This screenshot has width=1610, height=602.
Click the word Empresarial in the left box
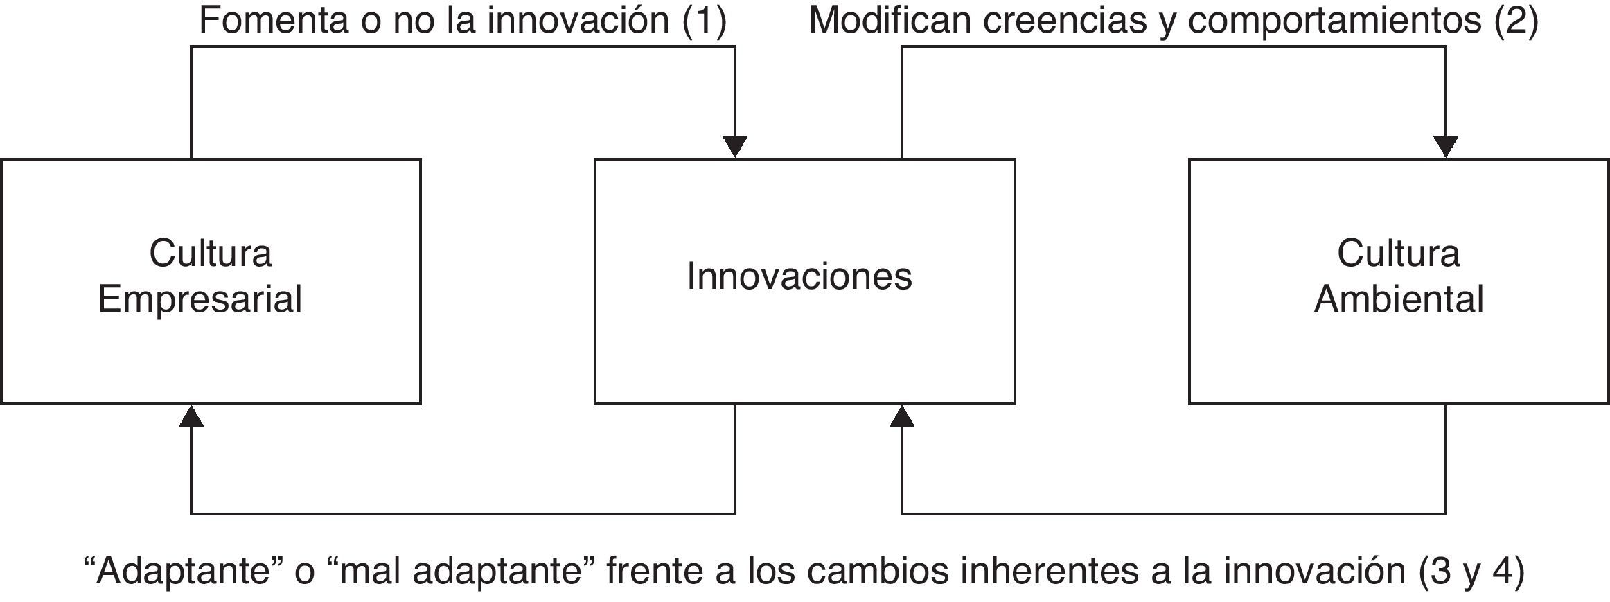tap(200, 299)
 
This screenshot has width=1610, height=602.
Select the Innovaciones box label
tap(799, 276)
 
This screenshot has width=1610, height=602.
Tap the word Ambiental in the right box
tap(1399, 299)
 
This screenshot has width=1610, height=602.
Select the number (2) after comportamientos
tap(1516, 20)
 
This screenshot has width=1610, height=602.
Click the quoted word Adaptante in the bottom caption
tap(182, 571)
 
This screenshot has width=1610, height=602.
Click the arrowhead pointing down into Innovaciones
tap(735, 147)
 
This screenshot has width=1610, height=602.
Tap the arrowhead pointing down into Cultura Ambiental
tap(1446, 147)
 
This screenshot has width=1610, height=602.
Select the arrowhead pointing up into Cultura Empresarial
tap(191, 416)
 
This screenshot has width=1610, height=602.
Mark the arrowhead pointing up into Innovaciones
tap(901, 416)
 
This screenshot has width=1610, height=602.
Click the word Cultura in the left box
tap(210, 254)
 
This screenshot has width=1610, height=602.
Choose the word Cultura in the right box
tap(1398, 254)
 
